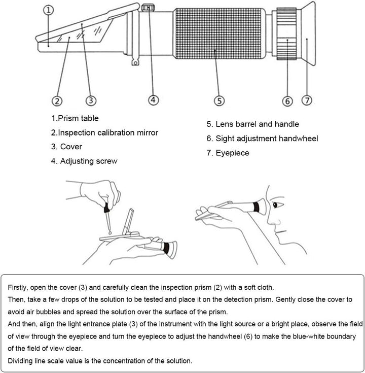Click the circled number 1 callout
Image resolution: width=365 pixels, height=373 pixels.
click(x=49, y=10)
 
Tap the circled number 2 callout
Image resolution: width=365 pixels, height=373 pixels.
click(x=57, y=101)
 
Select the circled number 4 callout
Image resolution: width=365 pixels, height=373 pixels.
click(x=153, y=99)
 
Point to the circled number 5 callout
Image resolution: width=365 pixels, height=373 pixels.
click(x=219, y=100)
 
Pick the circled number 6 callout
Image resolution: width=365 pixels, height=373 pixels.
click(x=287, y=101)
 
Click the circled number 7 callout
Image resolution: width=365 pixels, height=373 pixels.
click(x=307, y=100)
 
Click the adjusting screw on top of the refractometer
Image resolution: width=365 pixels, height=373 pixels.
click(x=148, y=8)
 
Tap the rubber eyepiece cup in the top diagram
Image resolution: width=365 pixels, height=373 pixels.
click(x=308, y=33)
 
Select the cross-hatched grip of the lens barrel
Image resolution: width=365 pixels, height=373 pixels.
click(x=218, y=33)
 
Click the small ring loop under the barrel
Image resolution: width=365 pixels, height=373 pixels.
click(x=135, y=63)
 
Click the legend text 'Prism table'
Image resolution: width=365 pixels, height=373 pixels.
click(x=78, y=118)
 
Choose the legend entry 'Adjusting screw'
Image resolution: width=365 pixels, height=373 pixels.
click(x=89, y=161)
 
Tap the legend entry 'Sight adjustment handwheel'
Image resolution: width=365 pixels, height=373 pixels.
click(x=267, y=139)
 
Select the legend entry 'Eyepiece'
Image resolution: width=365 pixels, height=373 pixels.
click(x=232, y=153)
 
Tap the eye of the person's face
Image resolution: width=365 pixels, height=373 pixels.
click(x=277, y=205)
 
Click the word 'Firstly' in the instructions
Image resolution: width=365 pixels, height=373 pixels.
click(x=18, y=287)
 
